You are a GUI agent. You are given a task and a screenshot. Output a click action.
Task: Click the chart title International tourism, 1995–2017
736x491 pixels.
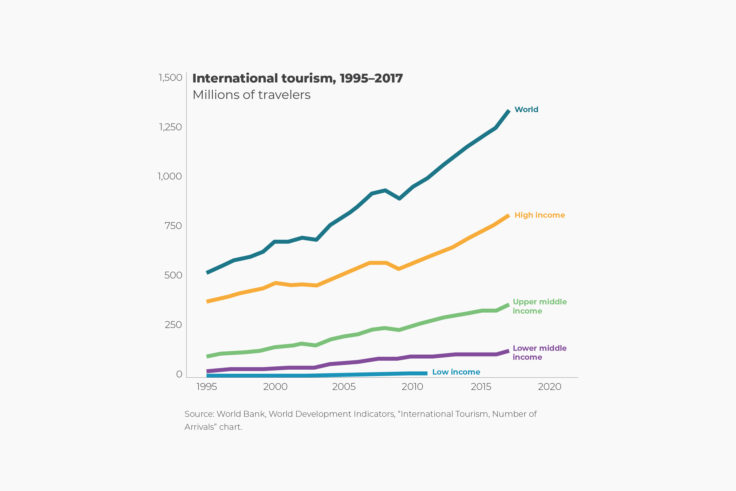pos(297,78)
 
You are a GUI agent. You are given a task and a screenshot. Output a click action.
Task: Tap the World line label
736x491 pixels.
pos(526,110)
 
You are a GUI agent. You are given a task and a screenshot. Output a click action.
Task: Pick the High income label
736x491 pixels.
pos(539,215)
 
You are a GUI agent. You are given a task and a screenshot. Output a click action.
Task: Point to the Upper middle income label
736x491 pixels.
pos(539,306)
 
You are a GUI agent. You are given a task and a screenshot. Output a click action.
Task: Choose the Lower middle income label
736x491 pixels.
pos(539,353)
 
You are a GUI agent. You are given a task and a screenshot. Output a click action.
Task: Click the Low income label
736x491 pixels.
pos(456,372)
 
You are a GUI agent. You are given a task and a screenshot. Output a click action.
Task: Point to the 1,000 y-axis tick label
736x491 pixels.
pos(169,176)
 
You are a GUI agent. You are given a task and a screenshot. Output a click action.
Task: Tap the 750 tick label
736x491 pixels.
pos(173,226)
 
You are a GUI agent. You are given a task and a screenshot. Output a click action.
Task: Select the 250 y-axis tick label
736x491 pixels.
pos(173,325)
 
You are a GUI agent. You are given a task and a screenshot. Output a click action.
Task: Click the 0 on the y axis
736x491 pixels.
pos(179,374)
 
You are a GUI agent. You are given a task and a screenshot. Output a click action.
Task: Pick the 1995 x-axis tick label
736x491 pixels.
pos(206,387)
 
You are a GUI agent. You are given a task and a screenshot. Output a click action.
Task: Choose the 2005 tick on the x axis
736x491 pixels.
pos(344,387)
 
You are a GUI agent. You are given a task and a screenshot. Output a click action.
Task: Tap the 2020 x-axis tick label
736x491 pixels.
pos(550,387)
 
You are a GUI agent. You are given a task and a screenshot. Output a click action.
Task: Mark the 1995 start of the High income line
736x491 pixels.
pos(207,301)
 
